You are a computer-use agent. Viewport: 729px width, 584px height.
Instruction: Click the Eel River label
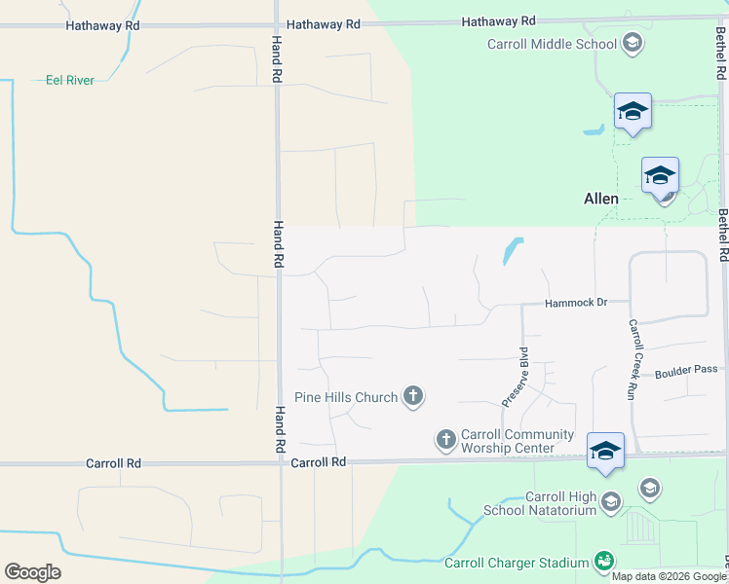70,80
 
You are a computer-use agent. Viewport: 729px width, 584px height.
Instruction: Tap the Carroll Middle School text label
552,44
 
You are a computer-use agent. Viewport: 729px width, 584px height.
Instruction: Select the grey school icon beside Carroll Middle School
632,43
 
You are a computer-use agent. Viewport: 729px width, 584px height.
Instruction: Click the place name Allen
600,199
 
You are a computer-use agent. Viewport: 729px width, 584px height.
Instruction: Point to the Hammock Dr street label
575,303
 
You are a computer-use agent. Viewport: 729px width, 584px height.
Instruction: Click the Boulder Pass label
685,371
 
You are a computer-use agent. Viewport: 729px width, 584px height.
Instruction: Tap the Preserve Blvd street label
515,377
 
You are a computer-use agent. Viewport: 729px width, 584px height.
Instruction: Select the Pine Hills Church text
346,397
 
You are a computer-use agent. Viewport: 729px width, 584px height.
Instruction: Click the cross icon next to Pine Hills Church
413,396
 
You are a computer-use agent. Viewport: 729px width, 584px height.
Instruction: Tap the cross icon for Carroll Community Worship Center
446,440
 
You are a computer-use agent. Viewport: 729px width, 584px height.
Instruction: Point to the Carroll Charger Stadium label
517,563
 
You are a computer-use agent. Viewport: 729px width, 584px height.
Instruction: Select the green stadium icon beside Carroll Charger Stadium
604,562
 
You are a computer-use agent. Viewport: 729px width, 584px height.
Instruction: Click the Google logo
32,572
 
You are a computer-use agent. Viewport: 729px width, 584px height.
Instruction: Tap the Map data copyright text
669,576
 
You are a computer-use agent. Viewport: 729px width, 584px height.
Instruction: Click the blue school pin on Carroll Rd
605,451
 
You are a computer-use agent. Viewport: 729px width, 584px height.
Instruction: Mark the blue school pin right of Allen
660,175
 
